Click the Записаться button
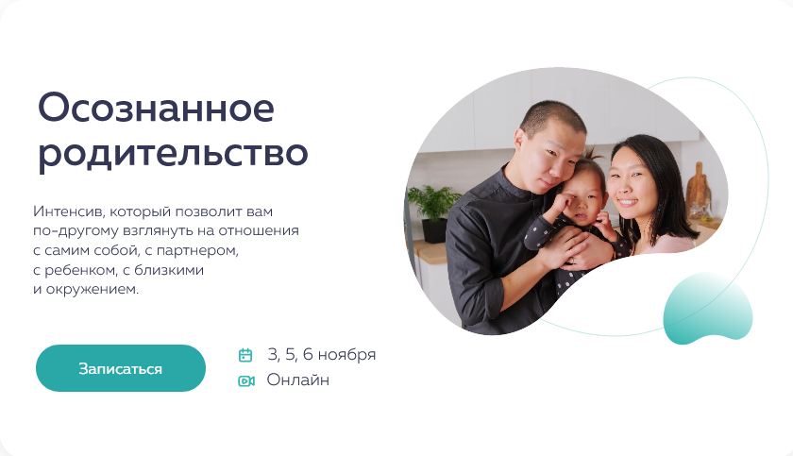[121, 368]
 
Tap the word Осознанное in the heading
[157, 108]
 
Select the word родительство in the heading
[173, 154]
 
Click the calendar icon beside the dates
[245, 355]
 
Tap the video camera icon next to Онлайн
[246, 380]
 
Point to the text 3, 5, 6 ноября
[322, 355]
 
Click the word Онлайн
[298, 380]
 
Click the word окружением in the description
[93, 290]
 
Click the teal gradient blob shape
[707, 309]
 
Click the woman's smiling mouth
[629, 202]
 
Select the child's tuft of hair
[592, 155]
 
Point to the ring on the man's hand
[572, 261]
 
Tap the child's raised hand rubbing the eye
[563, 202]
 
